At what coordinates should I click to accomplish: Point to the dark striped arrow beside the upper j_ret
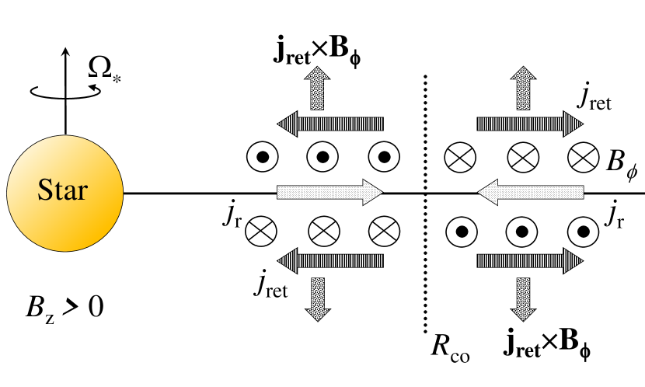tap(529, 123)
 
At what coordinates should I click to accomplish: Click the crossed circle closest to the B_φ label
tap(581, 159)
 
